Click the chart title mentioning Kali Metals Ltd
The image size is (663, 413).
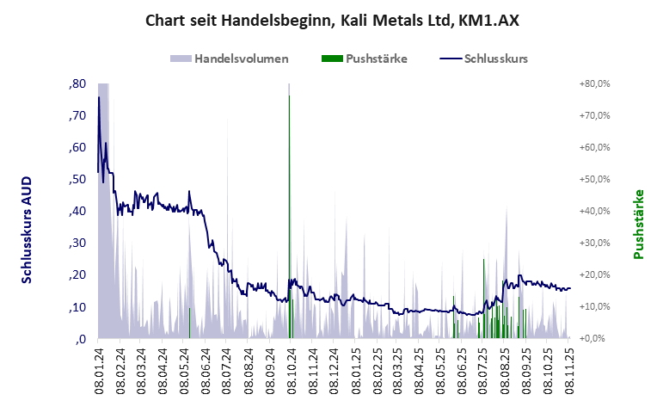click(331, 20)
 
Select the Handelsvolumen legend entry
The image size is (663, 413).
click(241, 59)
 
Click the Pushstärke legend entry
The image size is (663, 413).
click(376, 59)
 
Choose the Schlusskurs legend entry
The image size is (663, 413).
click(495, 59)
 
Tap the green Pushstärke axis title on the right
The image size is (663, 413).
click(638, 224)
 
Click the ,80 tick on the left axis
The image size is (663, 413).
click(76, 83)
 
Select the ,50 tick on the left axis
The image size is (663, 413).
click(76, 179)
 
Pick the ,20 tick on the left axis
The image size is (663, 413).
click(76, 274)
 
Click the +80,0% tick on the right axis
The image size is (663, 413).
click(593, 83)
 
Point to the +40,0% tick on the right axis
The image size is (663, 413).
click(593, 211)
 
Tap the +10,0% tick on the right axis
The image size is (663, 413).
click(593, 306)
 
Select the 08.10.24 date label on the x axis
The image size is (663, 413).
click(291, 368)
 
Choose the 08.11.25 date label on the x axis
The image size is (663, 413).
click(568, 368)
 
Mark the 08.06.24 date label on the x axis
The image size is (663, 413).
click(206, 368)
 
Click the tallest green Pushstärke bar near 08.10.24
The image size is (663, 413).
click(289, 215)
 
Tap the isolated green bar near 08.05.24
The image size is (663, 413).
click(189, 324)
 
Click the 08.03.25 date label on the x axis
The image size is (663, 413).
click(397, 368)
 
